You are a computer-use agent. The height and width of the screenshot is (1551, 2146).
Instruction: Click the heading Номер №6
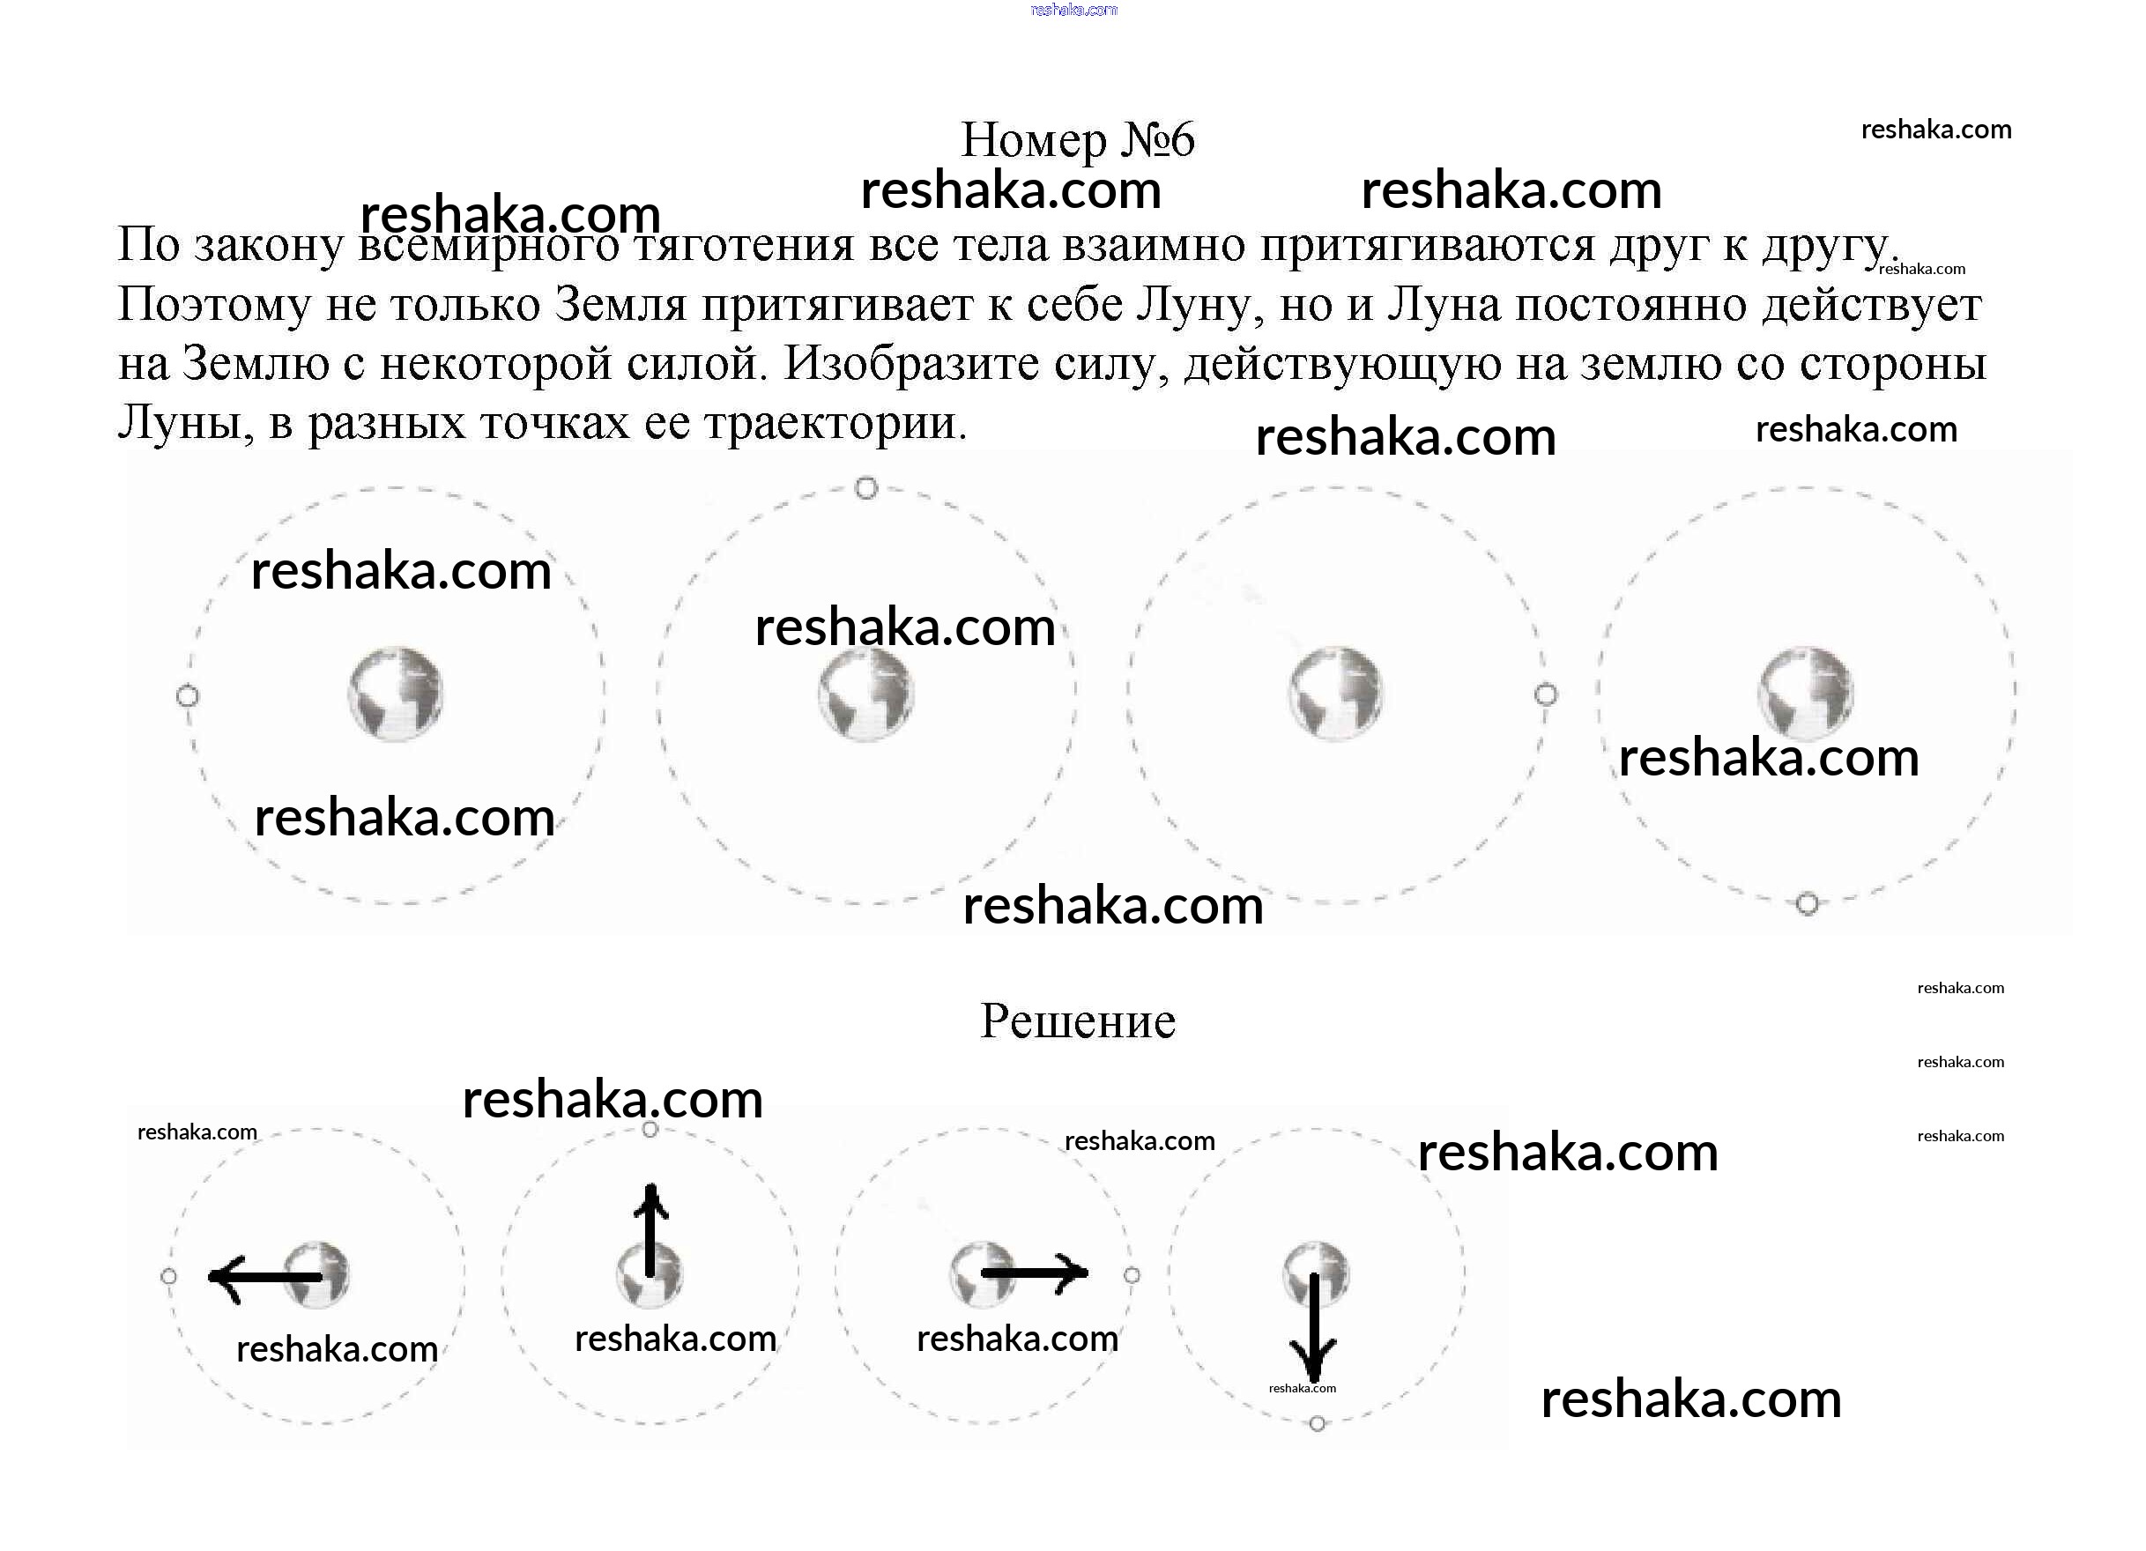[x=1078, y=140]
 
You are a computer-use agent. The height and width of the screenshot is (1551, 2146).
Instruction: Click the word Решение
[x=1078, y=1021]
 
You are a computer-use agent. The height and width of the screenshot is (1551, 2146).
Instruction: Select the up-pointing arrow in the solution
[x=650, y=1229]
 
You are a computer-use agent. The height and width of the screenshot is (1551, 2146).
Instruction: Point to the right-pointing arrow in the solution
[x=1036, y=1273]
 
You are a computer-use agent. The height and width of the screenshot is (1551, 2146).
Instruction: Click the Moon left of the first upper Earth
[x=188, y=696]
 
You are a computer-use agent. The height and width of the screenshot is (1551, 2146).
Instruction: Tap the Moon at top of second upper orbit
[x=865, y=488]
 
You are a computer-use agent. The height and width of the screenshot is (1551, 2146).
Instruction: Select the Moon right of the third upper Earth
[x=1545, y=695]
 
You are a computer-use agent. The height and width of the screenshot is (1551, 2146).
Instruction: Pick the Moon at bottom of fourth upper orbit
[x=1808, y=904]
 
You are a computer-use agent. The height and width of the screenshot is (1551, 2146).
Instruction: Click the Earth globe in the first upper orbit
[x=396, y=694]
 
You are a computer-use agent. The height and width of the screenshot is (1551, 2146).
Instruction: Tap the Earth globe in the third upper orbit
[x=1335, y=694]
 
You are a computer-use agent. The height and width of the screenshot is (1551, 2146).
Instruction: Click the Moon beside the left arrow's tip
[x=168, y=1277]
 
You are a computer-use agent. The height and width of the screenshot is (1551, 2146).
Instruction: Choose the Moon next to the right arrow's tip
[x=1132, y=1276]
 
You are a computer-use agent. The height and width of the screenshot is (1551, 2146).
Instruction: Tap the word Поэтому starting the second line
[x=213, y=306]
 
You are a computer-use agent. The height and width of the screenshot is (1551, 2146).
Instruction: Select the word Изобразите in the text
[x=911, y=364]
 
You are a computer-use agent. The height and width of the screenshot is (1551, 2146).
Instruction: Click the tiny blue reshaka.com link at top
[x=1073, y=10]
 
